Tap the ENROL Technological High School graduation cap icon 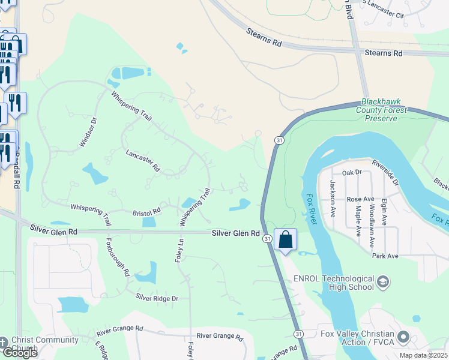pos(384,282)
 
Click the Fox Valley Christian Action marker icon pos(404,338)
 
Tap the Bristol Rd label pos(146,212)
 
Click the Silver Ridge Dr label pos(157,298)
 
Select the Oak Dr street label pos(352,172)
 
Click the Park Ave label pos(385,256)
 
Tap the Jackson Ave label pos(332,198)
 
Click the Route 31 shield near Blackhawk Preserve pos(280,140)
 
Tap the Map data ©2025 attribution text pos(423,355)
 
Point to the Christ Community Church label pos(45,344)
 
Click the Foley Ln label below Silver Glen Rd pos(178,253)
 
